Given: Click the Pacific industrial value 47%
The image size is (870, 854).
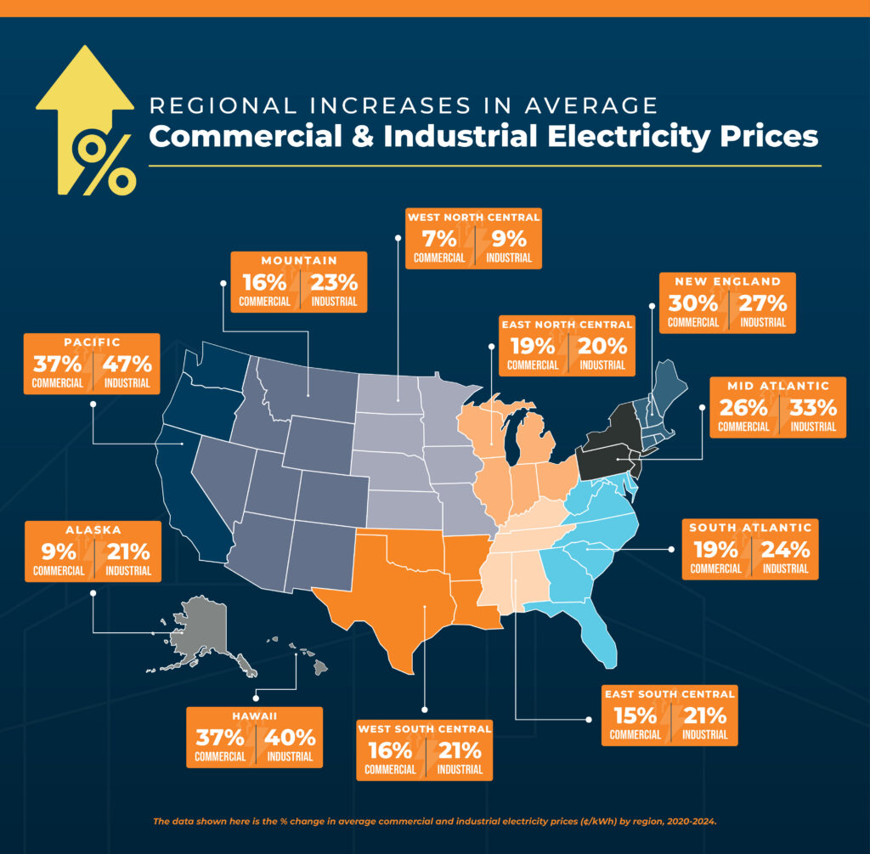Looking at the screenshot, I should coord(127,364).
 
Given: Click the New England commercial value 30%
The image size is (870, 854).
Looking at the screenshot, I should coord(692,303).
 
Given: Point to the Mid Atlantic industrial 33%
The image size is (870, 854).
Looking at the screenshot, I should coord(812,407).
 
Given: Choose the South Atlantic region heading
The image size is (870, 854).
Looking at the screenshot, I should coord(750,527).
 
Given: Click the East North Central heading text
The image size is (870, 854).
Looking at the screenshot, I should coord(567,325).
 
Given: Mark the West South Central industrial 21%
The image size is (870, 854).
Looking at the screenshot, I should coord(459,750).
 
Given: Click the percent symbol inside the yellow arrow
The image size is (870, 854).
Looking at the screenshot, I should coord(105,161).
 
